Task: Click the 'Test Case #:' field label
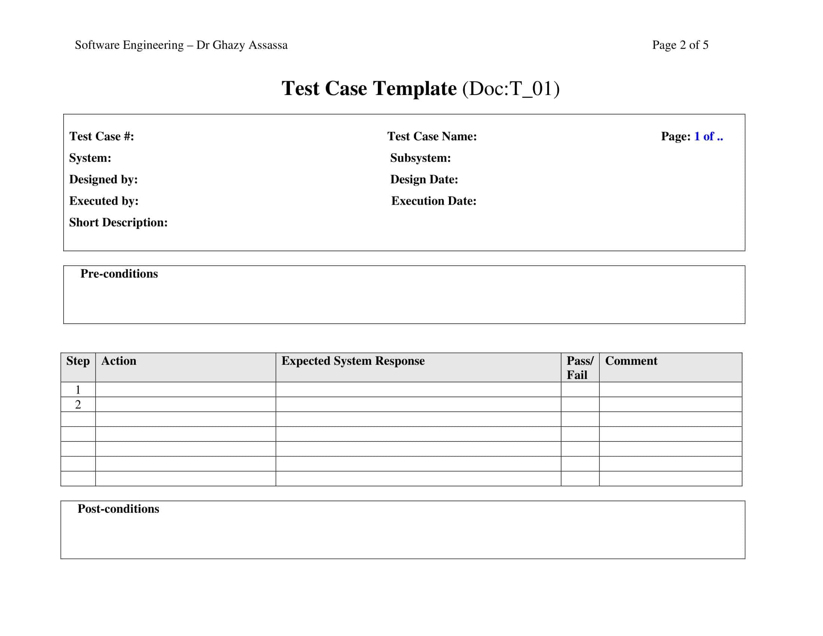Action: [x=101, y=136]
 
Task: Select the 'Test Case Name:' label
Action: [x=432, y=136]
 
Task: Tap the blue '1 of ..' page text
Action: [x=709, y=136]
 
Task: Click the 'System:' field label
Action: [x=90, y=158]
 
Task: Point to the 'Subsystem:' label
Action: [x=420, y=158]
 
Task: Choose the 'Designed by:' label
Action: [x=103, y=179]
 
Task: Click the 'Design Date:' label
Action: [x=424, y=179]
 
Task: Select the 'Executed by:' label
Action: [x=104, y=201]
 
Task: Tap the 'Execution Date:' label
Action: [x=433, y=201]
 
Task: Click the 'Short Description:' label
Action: [x=118, y=222]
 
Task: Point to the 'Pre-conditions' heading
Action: [x=119, y=273]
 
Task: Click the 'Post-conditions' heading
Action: [x=118, y=509]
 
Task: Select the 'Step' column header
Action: [x=78, y=361]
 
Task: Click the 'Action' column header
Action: [x=119, y=361]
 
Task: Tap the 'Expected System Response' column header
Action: [x=353, y=361]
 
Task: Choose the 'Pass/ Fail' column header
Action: [x=579, y=368]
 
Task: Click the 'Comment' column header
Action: [x=631, y=361]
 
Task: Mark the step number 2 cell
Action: [x=78, y=404]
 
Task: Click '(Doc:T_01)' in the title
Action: [x=511, y=89]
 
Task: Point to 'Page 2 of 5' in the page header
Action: [x=680, y=45]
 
